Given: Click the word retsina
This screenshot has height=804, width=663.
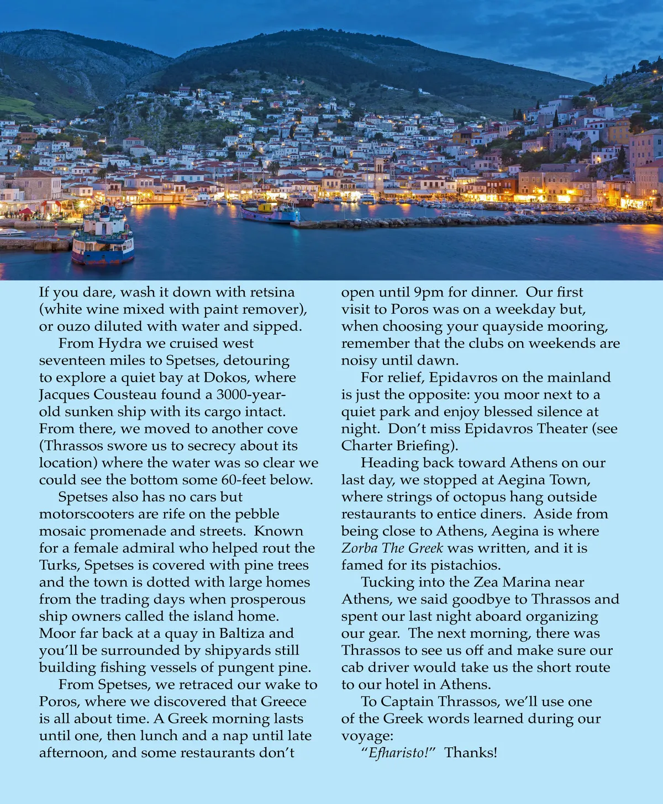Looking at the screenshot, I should (x=272, y=292).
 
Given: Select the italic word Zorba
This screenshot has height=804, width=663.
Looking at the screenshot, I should (x=359, y=548).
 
